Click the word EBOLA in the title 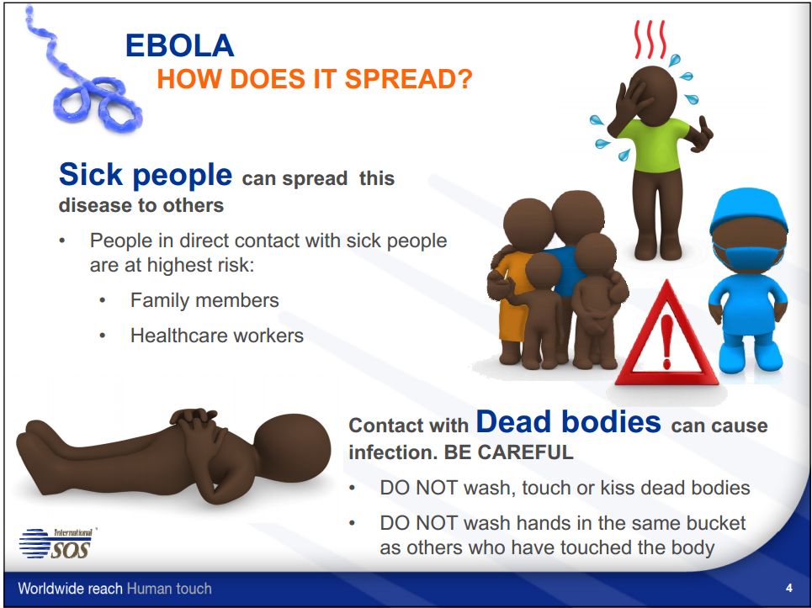180,45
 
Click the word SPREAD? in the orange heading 409,79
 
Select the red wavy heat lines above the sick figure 650,40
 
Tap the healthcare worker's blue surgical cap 748,209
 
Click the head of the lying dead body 293,448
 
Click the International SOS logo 57,543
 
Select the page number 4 788,588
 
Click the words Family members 204,301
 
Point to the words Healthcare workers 217,336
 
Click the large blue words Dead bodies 569,421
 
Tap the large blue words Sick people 146,175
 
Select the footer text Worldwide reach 70,589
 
